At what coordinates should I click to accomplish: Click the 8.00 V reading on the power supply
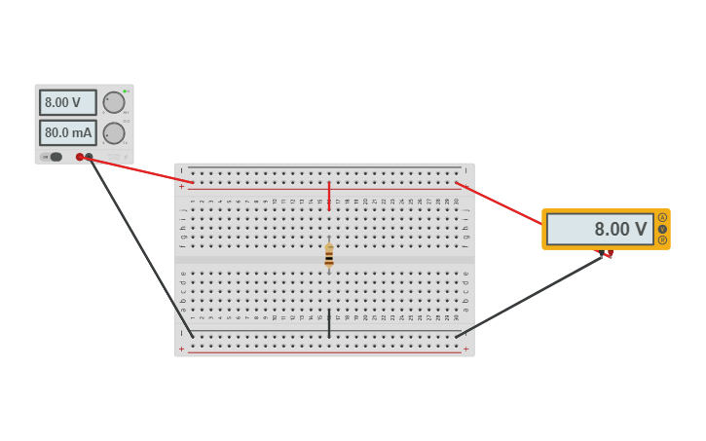[x=67, y=102]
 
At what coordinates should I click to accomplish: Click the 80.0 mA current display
[x=67, y=132]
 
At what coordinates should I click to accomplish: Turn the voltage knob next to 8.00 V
[x=114, y=102]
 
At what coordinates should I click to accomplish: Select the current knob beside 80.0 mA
[x=114, y=133]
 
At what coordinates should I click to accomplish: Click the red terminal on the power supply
[x=80, y=157]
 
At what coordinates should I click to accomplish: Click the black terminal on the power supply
[x=89, y=157]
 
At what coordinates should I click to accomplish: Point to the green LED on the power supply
[x=125, y=91]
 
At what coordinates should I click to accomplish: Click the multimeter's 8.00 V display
[x=600, y=230]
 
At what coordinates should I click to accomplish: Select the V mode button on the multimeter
[x=662, y=229]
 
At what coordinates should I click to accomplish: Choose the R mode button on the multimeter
[x=662, y=239]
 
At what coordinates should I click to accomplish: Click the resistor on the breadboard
[x=329, y=255]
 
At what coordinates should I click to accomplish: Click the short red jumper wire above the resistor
[x=329, y=195]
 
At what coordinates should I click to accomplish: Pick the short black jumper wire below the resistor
[x=329, y=324]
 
